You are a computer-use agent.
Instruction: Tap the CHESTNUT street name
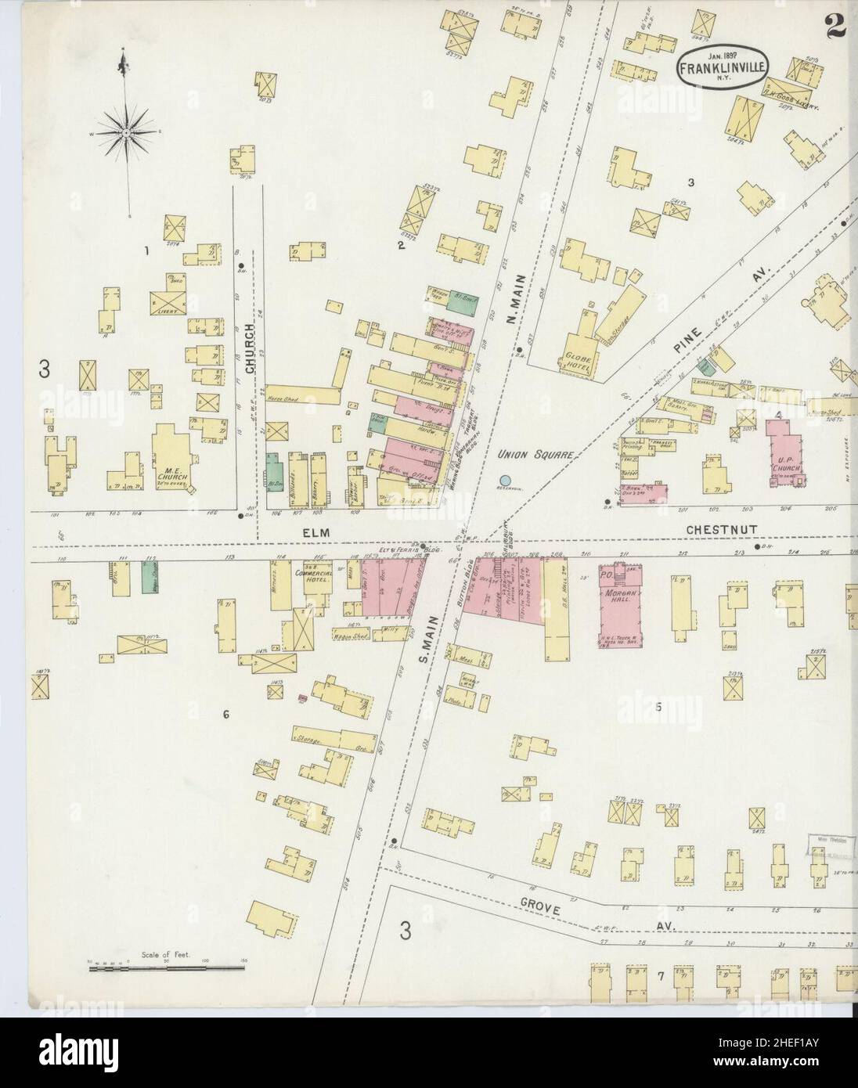726,530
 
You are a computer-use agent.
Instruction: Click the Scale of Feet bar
168,968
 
